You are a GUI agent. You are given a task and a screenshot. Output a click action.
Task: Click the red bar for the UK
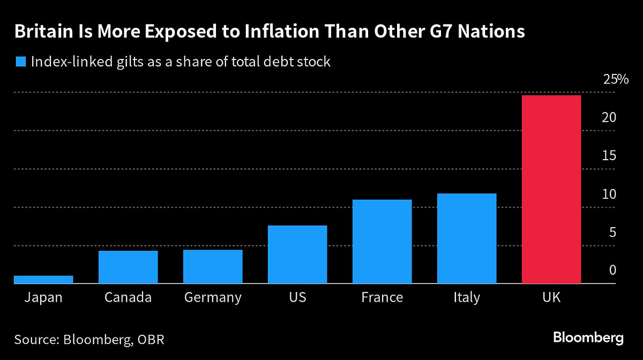[x=551, y=189]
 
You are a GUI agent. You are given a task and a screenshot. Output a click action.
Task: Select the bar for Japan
[x=43, y=279]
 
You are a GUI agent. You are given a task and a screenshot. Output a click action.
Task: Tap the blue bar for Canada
[x=128, y=267]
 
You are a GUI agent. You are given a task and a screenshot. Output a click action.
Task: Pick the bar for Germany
[x=213, y=266]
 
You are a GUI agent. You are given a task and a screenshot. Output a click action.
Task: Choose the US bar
[x=297, y=254]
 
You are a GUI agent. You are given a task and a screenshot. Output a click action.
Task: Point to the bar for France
[x=382, y=241]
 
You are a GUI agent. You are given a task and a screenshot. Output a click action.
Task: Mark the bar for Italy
[x=467, y=238]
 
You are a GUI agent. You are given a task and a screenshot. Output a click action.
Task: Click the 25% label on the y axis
[x=615, y=80]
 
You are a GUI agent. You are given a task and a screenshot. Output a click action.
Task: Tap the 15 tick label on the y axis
[x=609, y=156]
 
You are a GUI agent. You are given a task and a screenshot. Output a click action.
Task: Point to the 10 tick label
[x=609, y=194]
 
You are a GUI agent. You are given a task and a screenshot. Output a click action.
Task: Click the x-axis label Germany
[x=213, y=297]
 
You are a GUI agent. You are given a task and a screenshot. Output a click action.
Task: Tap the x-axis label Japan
[x=43, y=297]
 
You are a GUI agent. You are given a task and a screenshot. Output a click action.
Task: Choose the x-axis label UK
[x=551, y=297]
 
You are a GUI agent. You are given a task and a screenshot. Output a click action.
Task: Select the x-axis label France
[x=382, y=297]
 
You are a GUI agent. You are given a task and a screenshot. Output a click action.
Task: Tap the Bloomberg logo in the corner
[x=588, y=339]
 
